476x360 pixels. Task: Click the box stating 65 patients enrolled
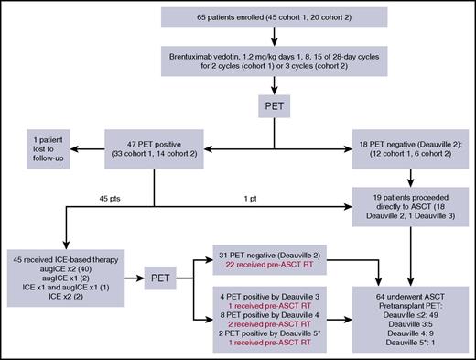[275, 17]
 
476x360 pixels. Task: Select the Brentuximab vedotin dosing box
[275, 61]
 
